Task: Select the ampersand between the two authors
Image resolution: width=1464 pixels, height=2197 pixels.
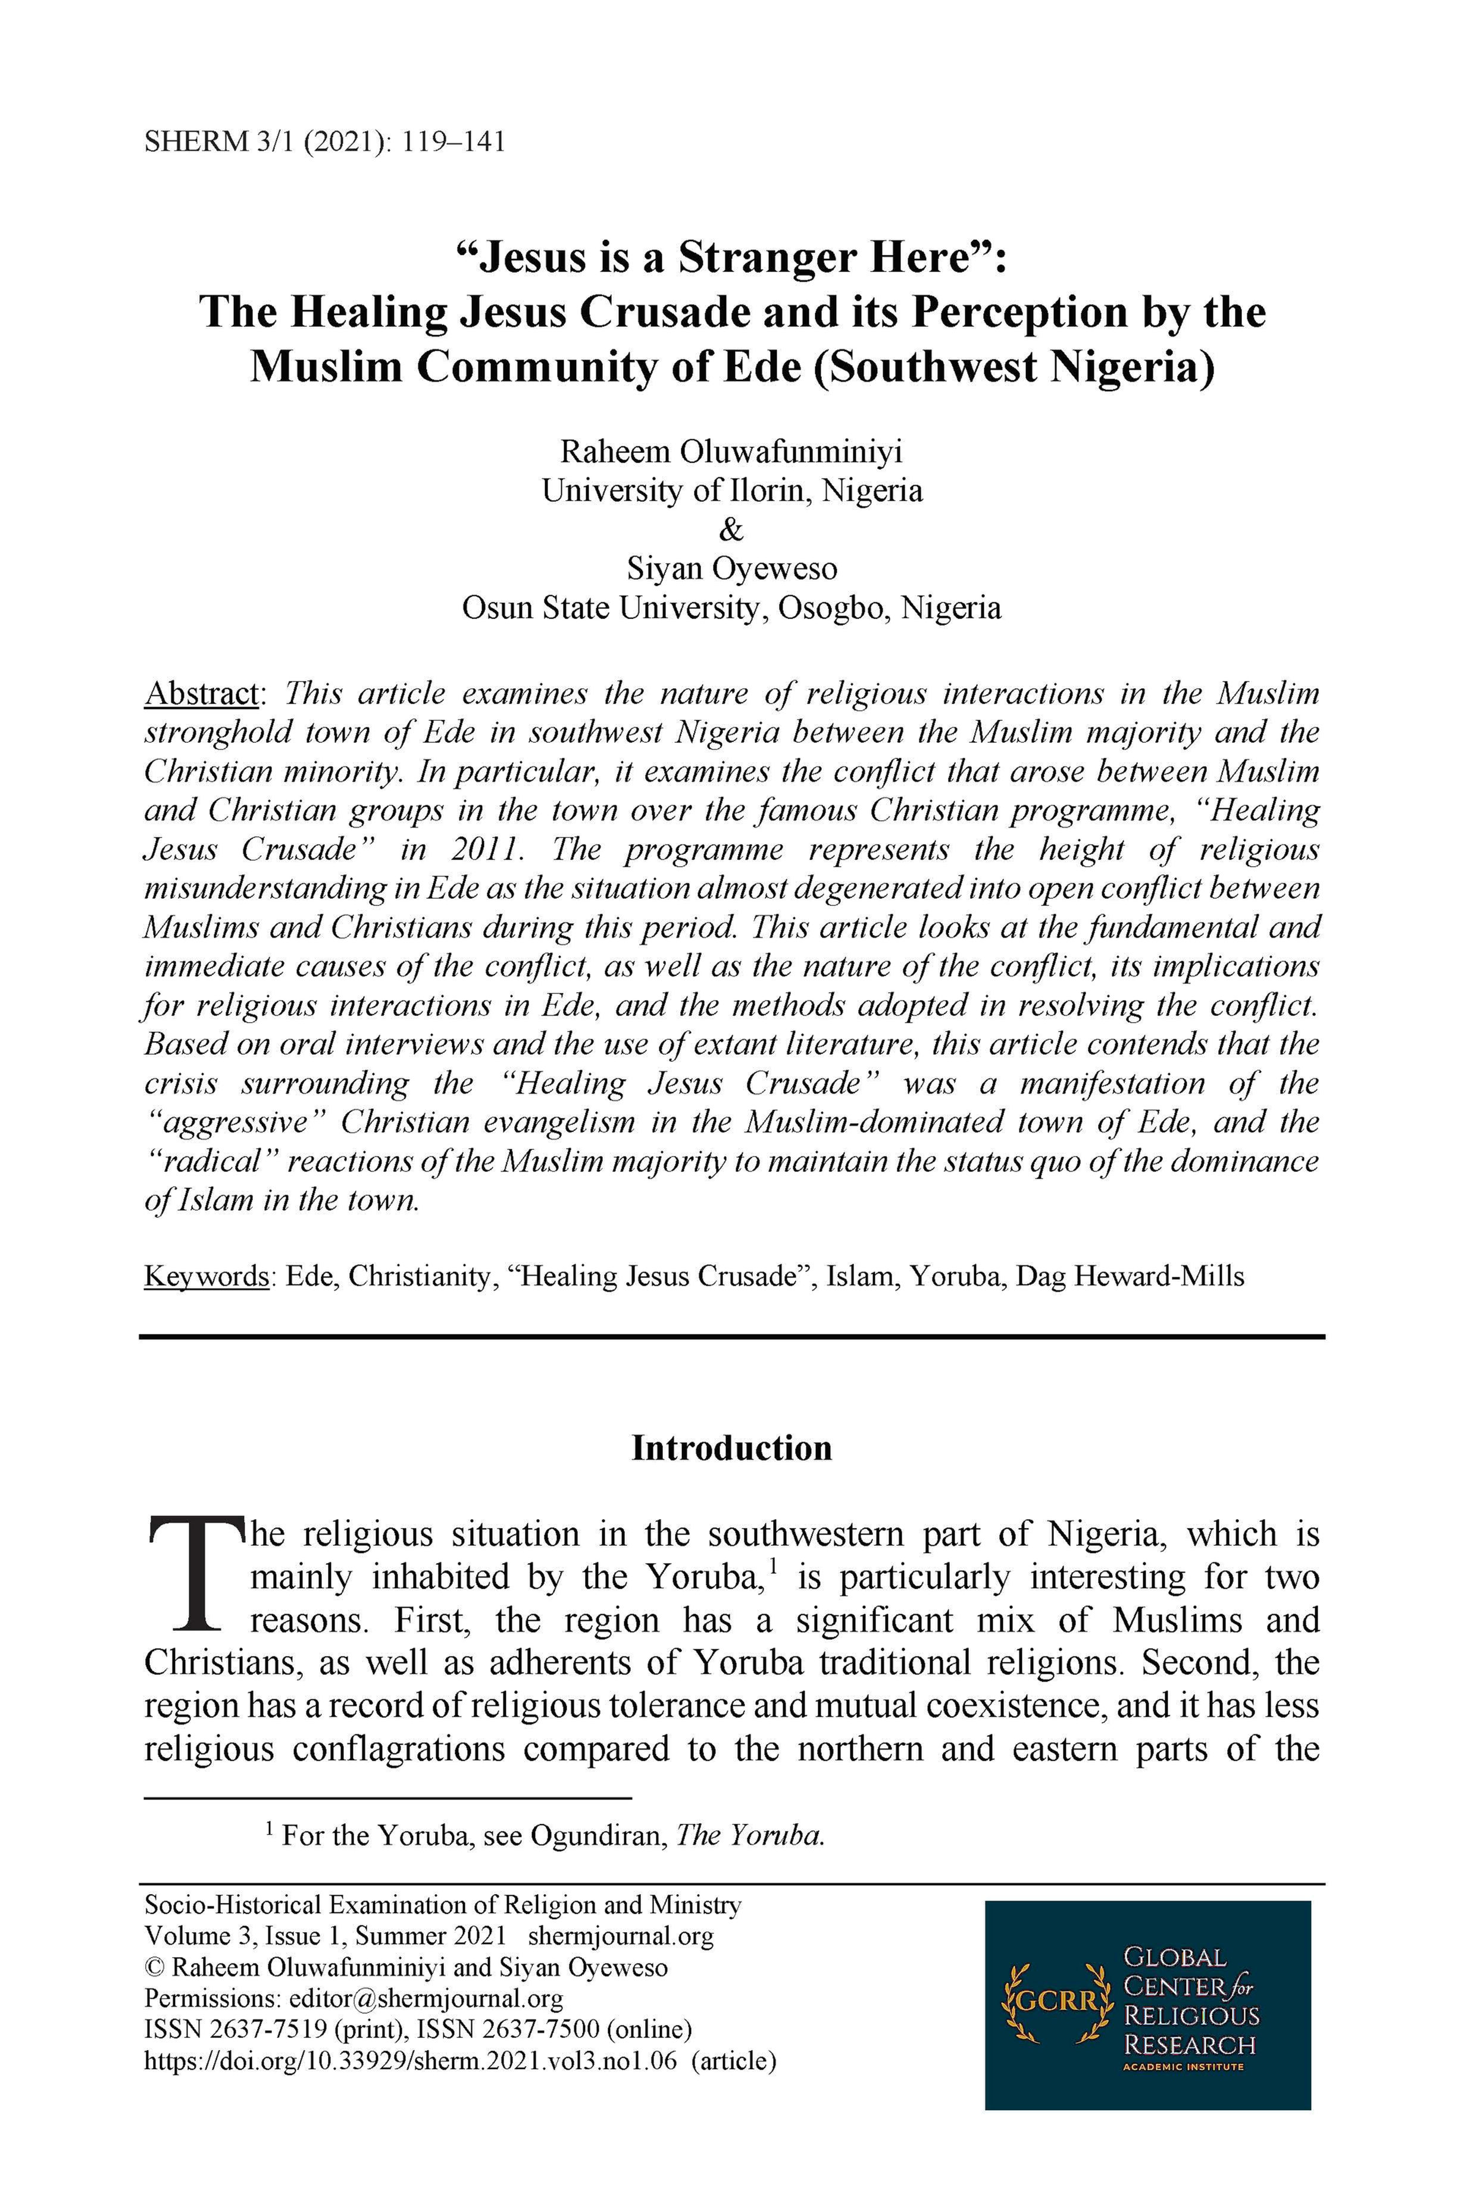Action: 732,529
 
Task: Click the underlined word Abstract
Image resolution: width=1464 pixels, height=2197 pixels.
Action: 201,693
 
